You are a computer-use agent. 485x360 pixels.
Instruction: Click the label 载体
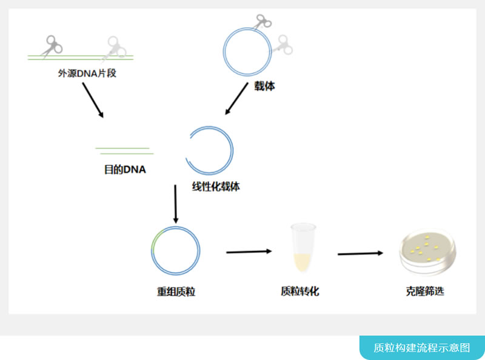tap(264, 86)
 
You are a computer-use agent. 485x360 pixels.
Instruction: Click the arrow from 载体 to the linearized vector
tap(236, 99)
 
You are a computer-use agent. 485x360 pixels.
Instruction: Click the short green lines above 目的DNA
tap(123, 150)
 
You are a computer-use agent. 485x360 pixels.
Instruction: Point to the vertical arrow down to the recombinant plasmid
tap(176, 204)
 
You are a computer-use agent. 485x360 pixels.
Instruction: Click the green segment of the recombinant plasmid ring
tap(155, 239)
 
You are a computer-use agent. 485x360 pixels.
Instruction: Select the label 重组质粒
tap(176, 292)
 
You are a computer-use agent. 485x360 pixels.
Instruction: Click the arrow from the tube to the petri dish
tap(361, 253)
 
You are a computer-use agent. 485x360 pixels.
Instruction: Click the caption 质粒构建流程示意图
tap(422, 347)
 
